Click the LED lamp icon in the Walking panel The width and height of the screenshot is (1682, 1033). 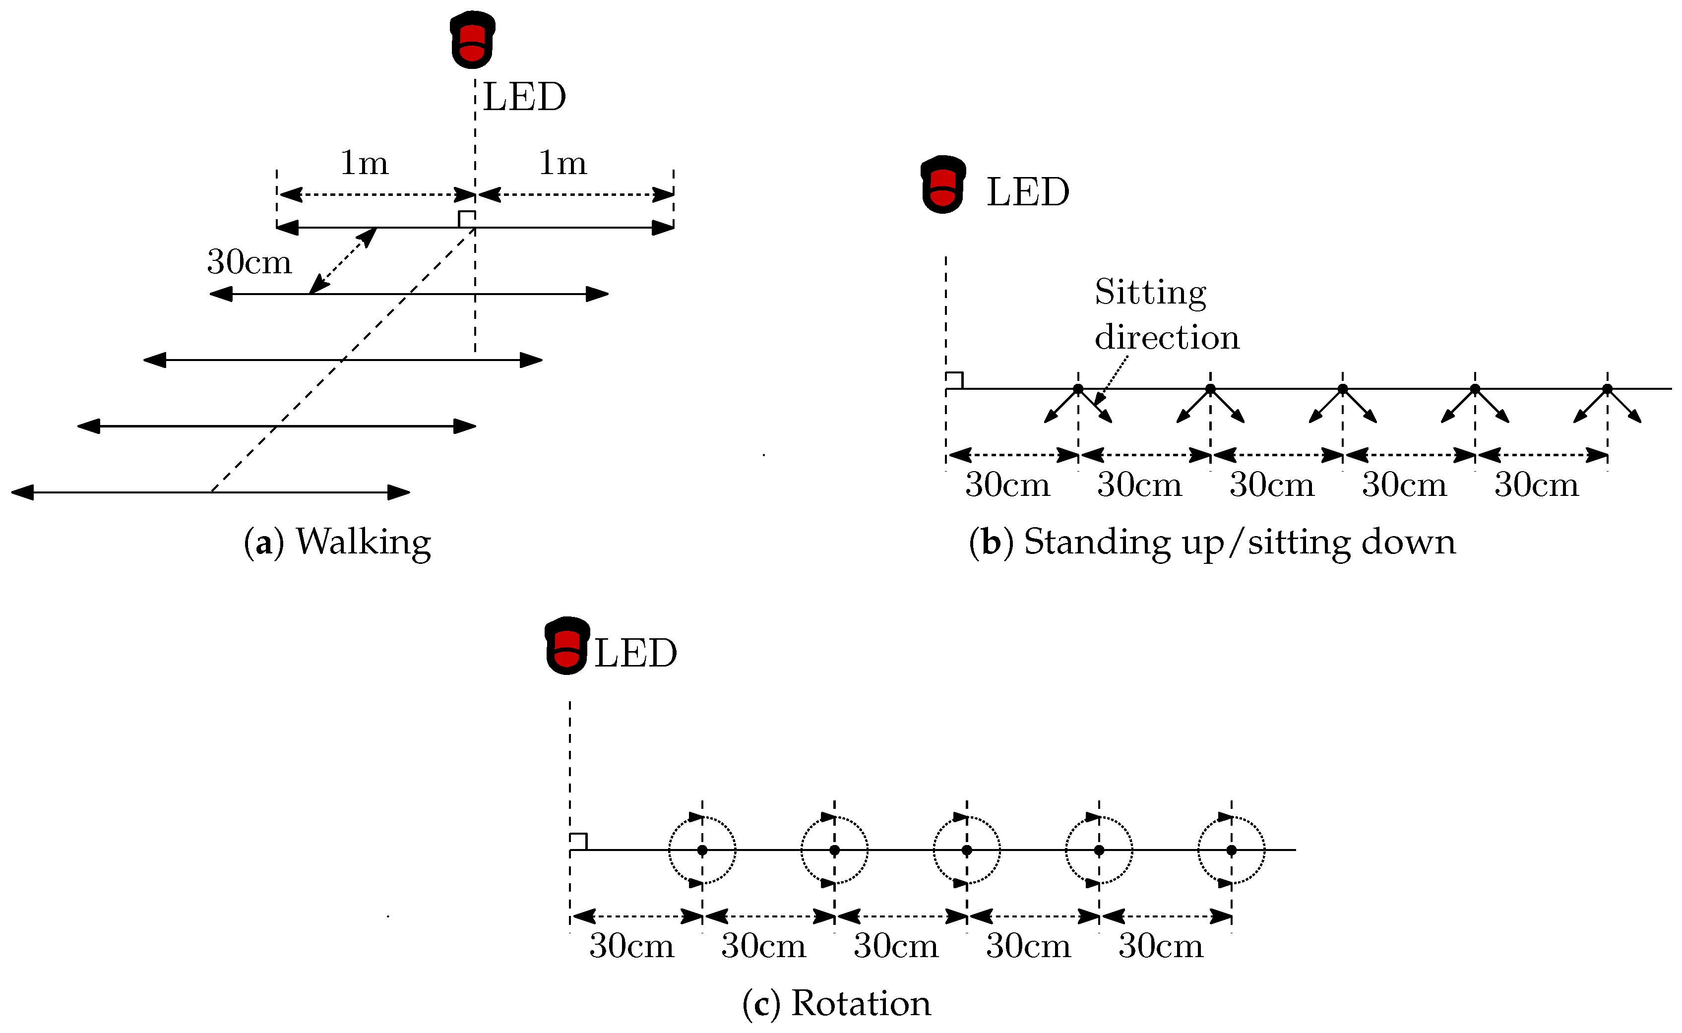(x=472, y=40)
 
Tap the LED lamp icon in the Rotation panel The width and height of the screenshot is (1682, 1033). (x=566, y=646)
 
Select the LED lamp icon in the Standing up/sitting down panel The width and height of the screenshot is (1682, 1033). (x=943, y=184)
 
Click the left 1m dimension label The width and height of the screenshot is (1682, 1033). (x=364, y=163)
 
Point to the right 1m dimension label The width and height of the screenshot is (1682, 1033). (x=562, y=163)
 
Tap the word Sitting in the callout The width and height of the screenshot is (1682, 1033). (x=1150, y=293)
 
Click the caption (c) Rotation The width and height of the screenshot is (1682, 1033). (x=836, y=1003)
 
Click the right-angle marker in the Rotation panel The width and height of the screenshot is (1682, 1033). (x=578, y=842)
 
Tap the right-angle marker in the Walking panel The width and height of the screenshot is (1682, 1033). (x=467, y=219)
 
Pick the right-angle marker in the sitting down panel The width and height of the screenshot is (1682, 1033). (x=954, y=380)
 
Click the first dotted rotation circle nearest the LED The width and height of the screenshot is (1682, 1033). (x=702, y=850)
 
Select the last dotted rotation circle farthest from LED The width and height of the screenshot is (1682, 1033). (x=1231, y=850)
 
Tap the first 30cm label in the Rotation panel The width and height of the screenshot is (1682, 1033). (x=631, y=946)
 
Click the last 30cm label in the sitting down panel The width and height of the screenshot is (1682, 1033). (x=1537, y=485)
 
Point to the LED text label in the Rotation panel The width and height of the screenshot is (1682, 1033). (x=635, y=653)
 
